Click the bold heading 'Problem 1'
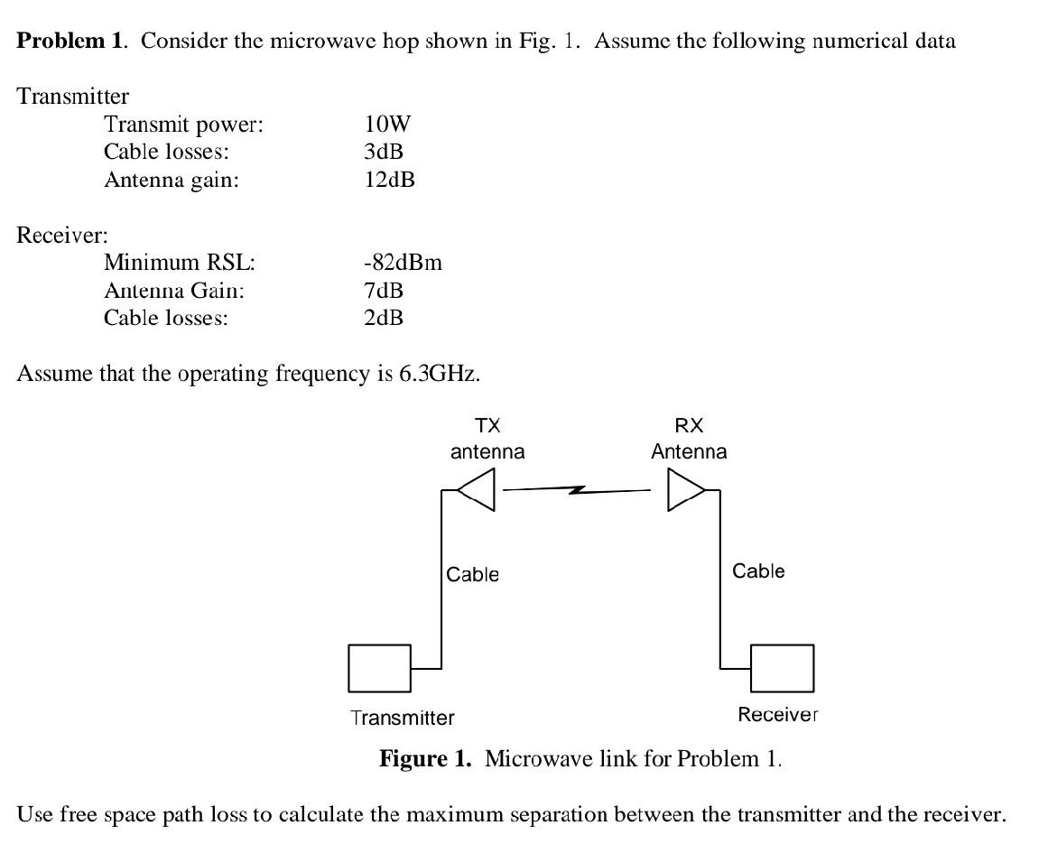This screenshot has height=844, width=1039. tap(69, 41)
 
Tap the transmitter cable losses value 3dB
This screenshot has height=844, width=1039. tap(384, 152)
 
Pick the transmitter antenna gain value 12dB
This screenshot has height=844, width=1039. tap(389, 180)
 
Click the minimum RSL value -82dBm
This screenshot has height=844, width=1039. tap(403, 263)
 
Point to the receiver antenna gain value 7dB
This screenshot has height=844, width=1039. tap(384, 291)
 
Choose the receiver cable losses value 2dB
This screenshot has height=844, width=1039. tap(384, 318)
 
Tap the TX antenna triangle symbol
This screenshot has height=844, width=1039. tap(478, 491)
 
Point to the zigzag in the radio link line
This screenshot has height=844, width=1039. tap(577, 490)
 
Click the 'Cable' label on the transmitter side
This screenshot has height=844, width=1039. tap(473, 574)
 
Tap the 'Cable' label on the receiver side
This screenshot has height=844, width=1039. tap(758, 570)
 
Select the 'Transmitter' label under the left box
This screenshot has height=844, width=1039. tap(403, 718)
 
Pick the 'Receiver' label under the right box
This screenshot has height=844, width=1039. tap(777, 715)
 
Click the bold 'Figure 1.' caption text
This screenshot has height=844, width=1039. tap(425, 758)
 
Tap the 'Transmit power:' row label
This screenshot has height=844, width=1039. tap(183, 125)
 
